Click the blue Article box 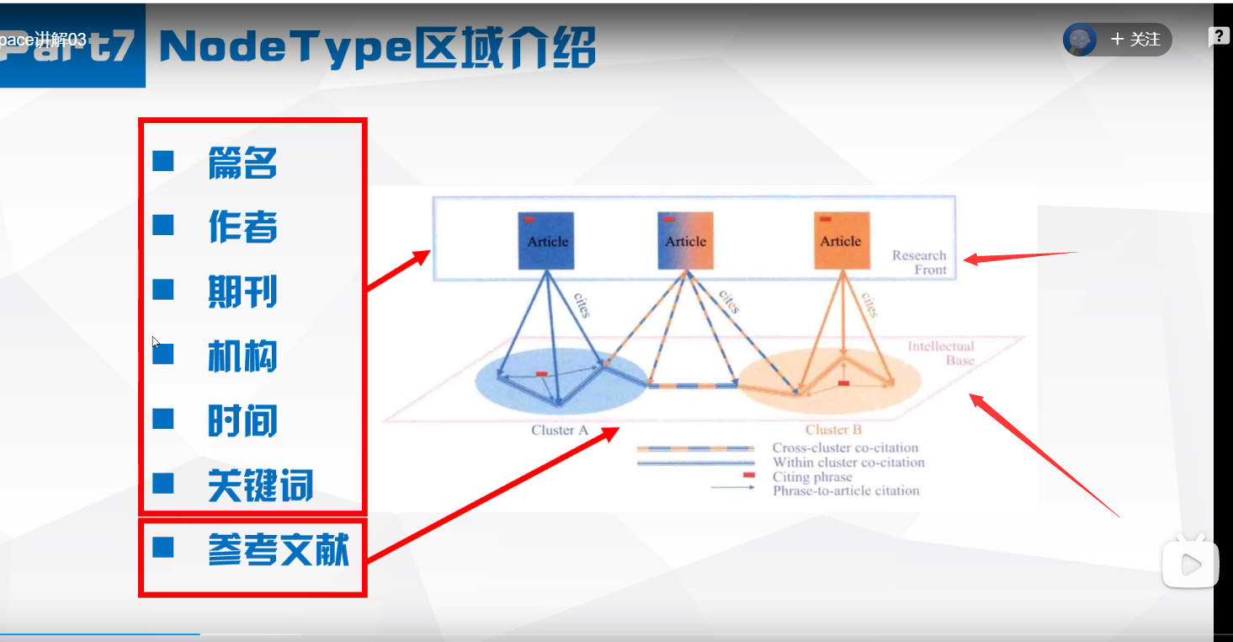(548, 241)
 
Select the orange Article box (841, 241)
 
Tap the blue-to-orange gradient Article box (685, 241)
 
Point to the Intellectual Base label (941, 353)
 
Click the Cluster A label (559, 431)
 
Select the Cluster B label (833, 431)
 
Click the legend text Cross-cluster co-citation (845, 448)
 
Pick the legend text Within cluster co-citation (848, 463)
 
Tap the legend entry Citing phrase (812, 477)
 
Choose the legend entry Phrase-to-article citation (846, 490)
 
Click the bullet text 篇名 (242, 163)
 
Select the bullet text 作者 (242, 227)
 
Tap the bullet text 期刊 (242, 292)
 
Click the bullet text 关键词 (260, 486)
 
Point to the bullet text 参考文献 (278, 549)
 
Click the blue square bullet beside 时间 (163, 419)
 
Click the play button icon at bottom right (1190, 565)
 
